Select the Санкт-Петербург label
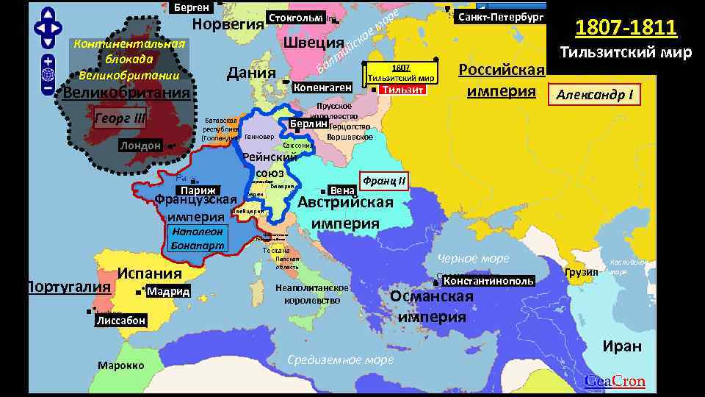pos(500,16)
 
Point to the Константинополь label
pos(488,281)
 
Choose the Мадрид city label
pos(167,292)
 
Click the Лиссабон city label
pos(120,321)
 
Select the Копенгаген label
pos(322,87)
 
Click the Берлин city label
pos(303,124)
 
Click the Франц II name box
pos(383,179)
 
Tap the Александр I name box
pos(597,96)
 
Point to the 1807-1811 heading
pos(625,28)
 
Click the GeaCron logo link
pos(615,381)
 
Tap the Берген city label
pos(191,7)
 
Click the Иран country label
pos(621,346)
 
